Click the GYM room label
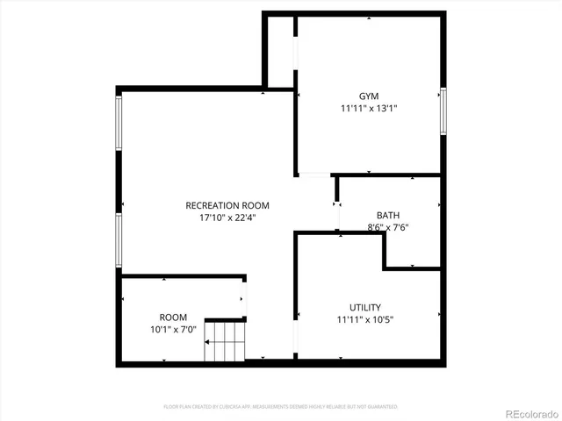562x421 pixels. (369, 96)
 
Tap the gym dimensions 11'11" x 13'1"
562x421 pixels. (369, 109)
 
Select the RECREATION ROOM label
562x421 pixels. (227, 205)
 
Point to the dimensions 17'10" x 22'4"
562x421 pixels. (227, 218)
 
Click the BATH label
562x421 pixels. (387, 215)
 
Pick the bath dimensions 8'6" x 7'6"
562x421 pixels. (387, 227)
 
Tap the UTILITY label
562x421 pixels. (364, 307)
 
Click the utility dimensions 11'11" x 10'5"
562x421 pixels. (364, 319)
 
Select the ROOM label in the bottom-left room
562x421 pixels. (173, 317)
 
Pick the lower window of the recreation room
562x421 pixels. (118, 239)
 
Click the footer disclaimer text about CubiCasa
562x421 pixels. (280, 407)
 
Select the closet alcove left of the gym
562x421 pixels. (281, 51)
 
